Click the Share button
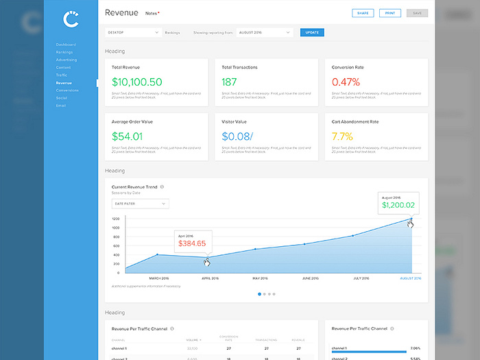362,13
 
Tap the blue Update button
312,32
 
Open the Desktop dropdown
133,32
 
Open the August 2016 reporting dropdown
265,32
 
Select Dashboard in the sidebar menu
66,45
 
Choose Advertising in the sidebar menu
67,60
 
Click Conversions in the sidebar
67,90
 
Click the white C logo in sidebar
71,19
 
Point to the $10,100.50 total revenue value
137,82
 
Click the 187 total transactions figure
230,82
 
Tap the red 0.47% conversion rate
346,82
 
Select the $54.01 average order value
127,136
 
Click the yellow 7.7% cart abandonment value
341,136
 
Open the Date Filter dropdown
140,204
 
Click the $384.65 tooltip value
192,243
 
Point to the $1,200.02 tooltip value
398,205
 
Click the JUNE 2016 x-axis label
310,278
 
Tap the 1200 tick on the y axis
116,219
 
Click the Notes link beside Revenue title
151,13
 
